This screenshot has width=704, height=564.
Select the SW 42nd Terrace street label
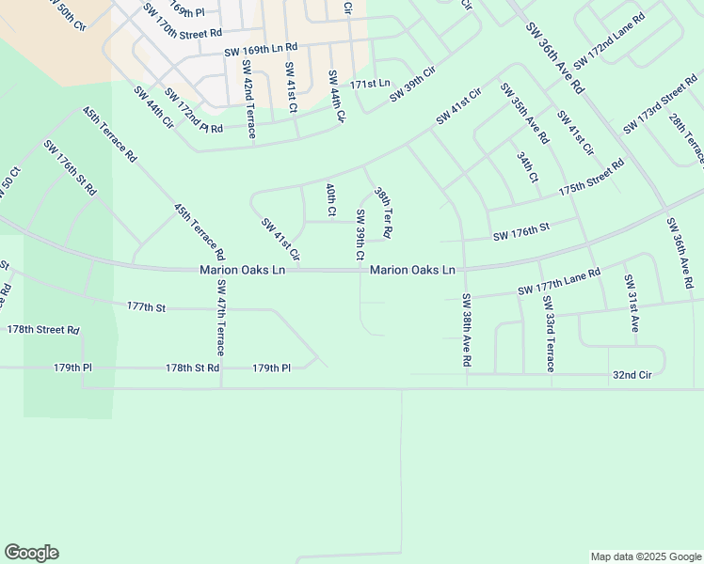248,99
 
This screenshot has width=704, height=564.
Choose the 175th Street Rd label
591,177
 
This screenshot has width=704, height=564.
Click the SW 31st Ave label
632,304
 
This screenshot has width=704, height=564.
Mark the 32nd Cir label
632,373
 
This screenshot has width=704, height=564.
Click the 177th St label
146,306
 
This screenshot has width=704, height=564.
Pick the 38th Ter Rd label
383,211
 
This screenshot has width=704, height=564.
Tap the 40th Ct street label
330,199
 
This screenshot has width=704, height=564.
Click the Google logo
31,553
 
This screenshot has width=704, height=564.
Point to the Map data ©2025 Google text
645,556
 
